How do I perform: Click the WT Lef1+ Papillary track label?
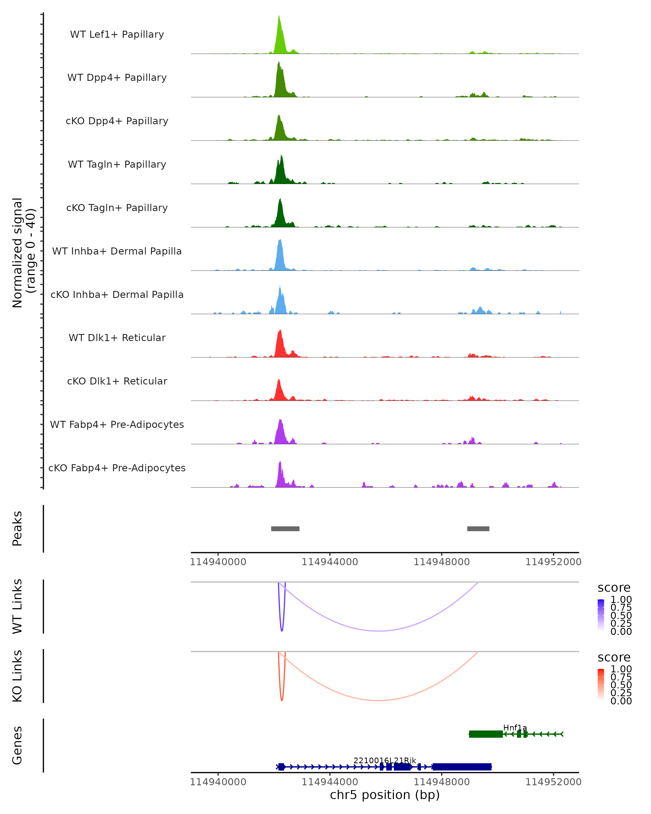tap(117, 34)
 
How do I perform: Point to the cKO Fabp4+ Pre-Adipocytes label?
tap(117, 468)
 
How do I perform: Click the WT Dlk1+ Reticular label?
tap(117, 338)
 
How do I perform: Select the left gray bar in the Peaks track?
tap(285, 529)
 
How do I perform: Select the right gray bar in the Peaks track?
tap(478, 529)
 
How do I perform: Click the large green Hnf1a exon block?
tap(486, 734)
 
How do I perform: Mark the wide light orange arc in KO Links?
tap(378, 700)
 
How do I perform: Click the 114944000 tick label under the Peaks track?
tap(330, 562)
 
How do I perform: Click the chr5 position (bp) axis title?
tap(385, 795)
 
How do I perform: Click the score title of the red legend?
tap(614, 657)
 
